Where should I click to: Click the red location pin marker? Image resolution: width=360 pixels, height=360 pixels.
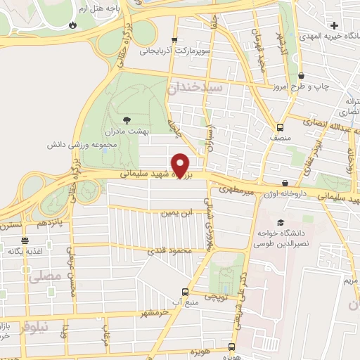pyautogui.click(x=181, y=165)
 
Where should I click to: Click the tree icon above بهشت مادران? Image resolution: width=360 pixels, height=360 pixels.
pyautogui.click(x=126, y=120)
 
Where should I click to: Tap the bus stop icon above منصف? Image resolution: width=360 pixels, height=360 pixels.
pyautogui.click(x=281, y=128)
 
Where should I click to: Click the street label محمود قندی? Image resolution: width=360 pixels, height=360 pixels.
pyautogui.click(x=167, y=250)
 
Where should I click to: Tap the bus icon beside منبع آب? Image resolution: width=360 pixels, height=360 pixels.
pyautogui.click(x=185, y=292)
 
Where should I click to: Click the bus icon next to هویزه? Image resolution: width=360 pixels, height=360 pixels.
pyautogui.click(x=231, y=347)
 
